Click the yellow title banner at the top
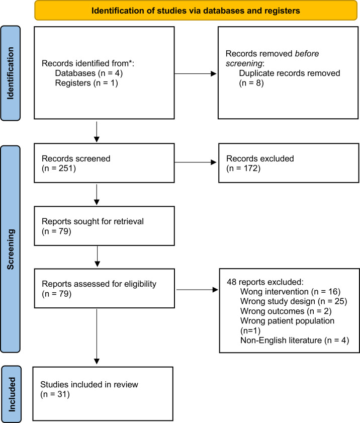196,11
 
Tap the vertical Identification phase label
10,73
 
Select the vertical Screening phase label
10,249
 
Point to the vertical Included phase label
12,394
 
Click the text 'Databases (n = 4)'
88,73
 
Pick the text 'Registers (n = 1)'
86,83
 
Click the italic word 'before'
307,54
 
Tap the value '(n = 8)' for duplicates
251,83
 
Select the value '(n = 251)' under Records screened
59,168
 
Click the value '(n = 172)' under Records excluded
243,168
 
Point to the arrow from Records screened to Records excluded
196,162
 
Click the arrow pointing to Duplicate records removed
196,73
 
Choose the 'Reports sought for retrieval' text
93,221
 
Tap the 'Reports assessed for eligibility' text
99,284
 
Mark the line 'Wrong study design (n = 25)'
294,301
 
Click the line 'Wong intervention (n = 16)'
291,292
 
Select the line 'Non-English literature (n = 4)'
295,341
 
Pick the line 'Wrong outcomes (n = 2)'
286,311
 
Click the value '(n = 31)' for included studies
55,394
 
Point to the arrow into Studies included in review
97,336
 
